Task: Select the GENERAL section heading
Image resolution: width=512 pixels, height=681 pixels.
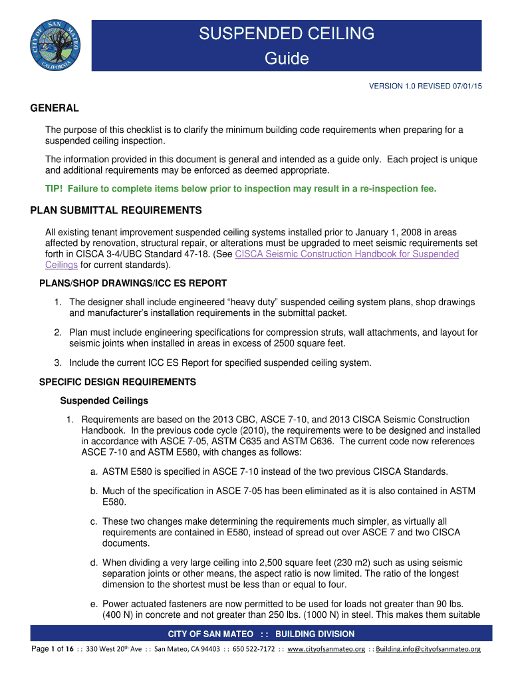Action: (x=55, y=108)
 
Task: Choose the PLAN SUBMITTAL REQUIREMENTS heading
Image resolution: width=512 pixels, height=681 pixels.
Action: (x=116, y=211)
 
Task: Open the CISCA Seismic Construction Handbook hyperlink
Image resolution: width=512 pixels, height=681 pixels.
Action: (x=347, y=254)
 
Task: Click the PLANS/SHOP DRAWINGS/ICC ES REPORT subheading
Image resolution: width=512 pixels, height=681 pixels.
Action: (x=134, y=283)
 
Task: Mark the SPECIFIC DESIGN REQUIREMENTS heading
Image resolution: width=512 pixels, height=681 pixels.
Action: (x=118, y=382)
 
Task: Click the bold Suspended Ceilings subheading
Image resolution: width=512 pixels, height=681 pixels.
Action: (x=104, y=401)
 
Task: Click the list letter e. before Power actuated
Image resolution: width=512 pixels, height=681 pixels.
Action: (x=95, y=604)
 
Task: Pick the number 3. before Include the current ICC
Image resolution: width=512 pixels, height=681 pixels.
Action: (x=59, y=362)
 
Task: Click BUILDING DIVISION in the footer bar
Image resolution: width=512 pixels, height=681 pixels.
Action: (x=315, y=634)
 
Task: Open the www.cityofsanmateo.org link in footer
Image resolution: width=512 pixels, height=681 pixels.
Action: (x=326, y=649)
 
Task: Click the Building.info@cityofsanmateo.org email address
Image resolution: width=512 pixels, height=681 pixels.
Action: (x=428, y=649)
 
